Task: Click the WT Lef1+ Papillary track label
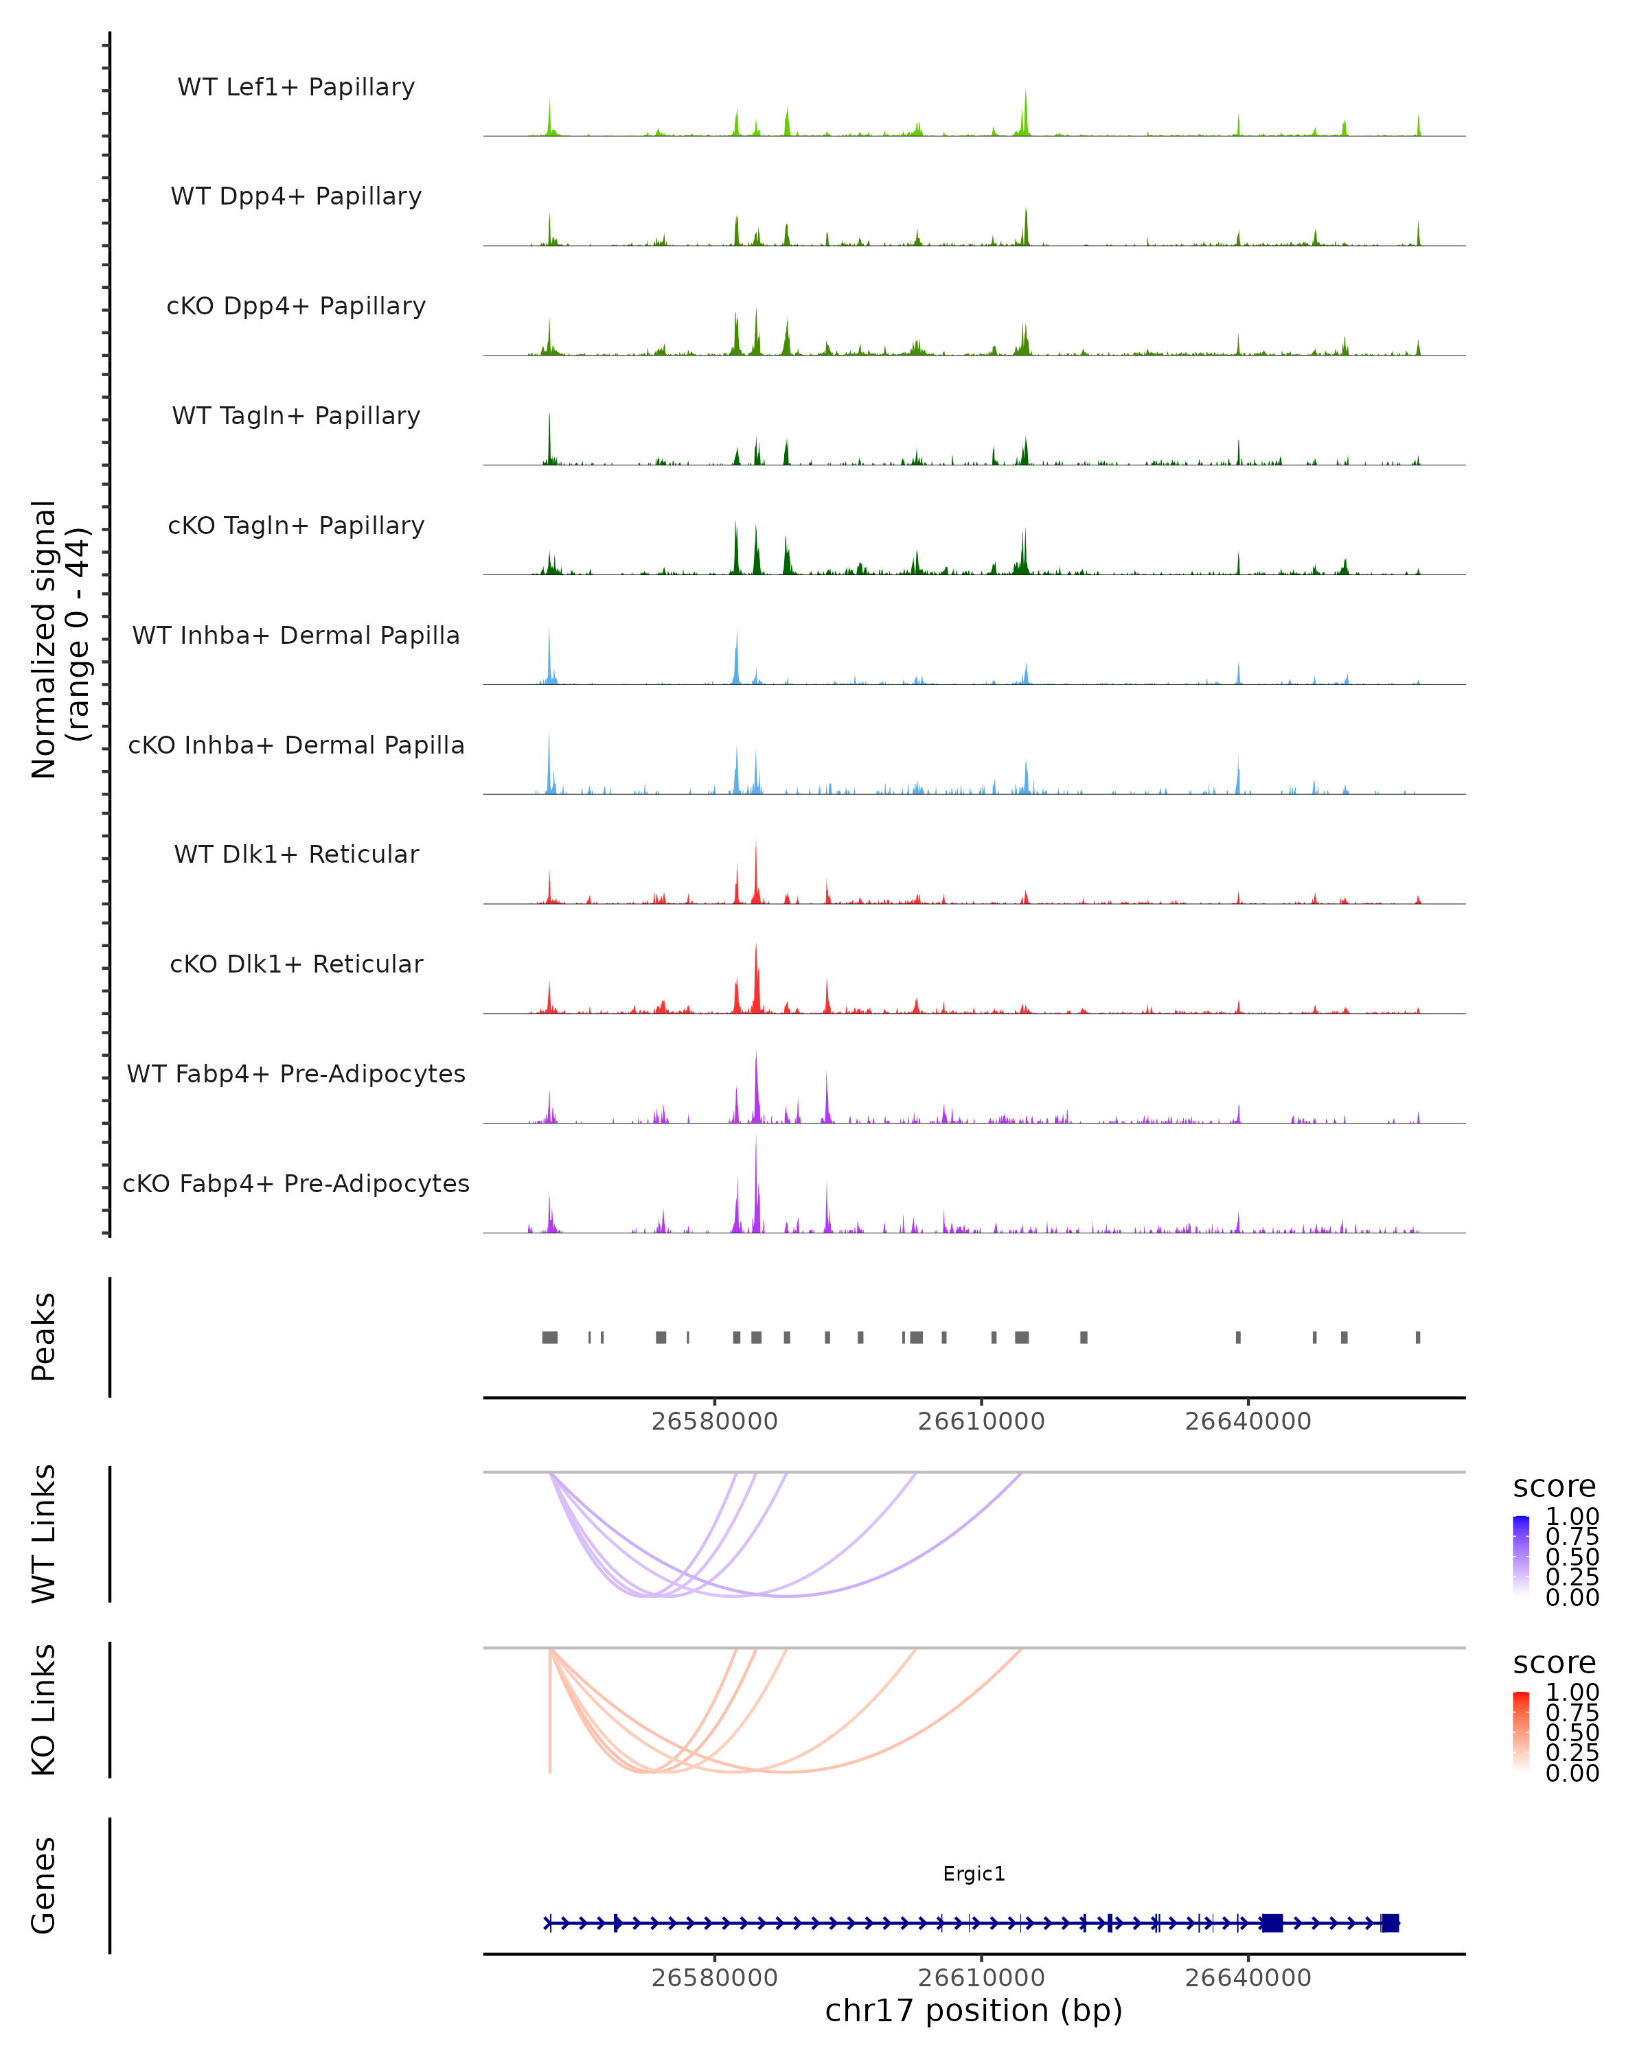(x=296, y=87)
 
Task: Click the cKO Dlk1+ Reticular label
(x=296, y=964)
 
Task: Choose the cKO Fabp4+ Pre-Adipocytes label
(x=296, y=1183)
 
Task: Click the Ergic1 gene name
(x=974, y=1874)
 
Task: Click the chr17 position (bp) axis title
(x=974, y=2010)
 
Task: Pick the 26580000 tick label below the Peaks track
(x=715, y=1421)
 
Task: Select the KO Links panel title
(x=44, y=1710)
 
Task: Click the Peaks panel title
(x=44, y=1336)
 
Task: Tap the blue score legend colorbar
(x=1521, y=1554)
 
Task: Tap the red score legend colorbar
(x=1521, y=1730)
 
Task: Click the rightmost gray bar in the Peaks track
(x=1418, y=1337)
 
